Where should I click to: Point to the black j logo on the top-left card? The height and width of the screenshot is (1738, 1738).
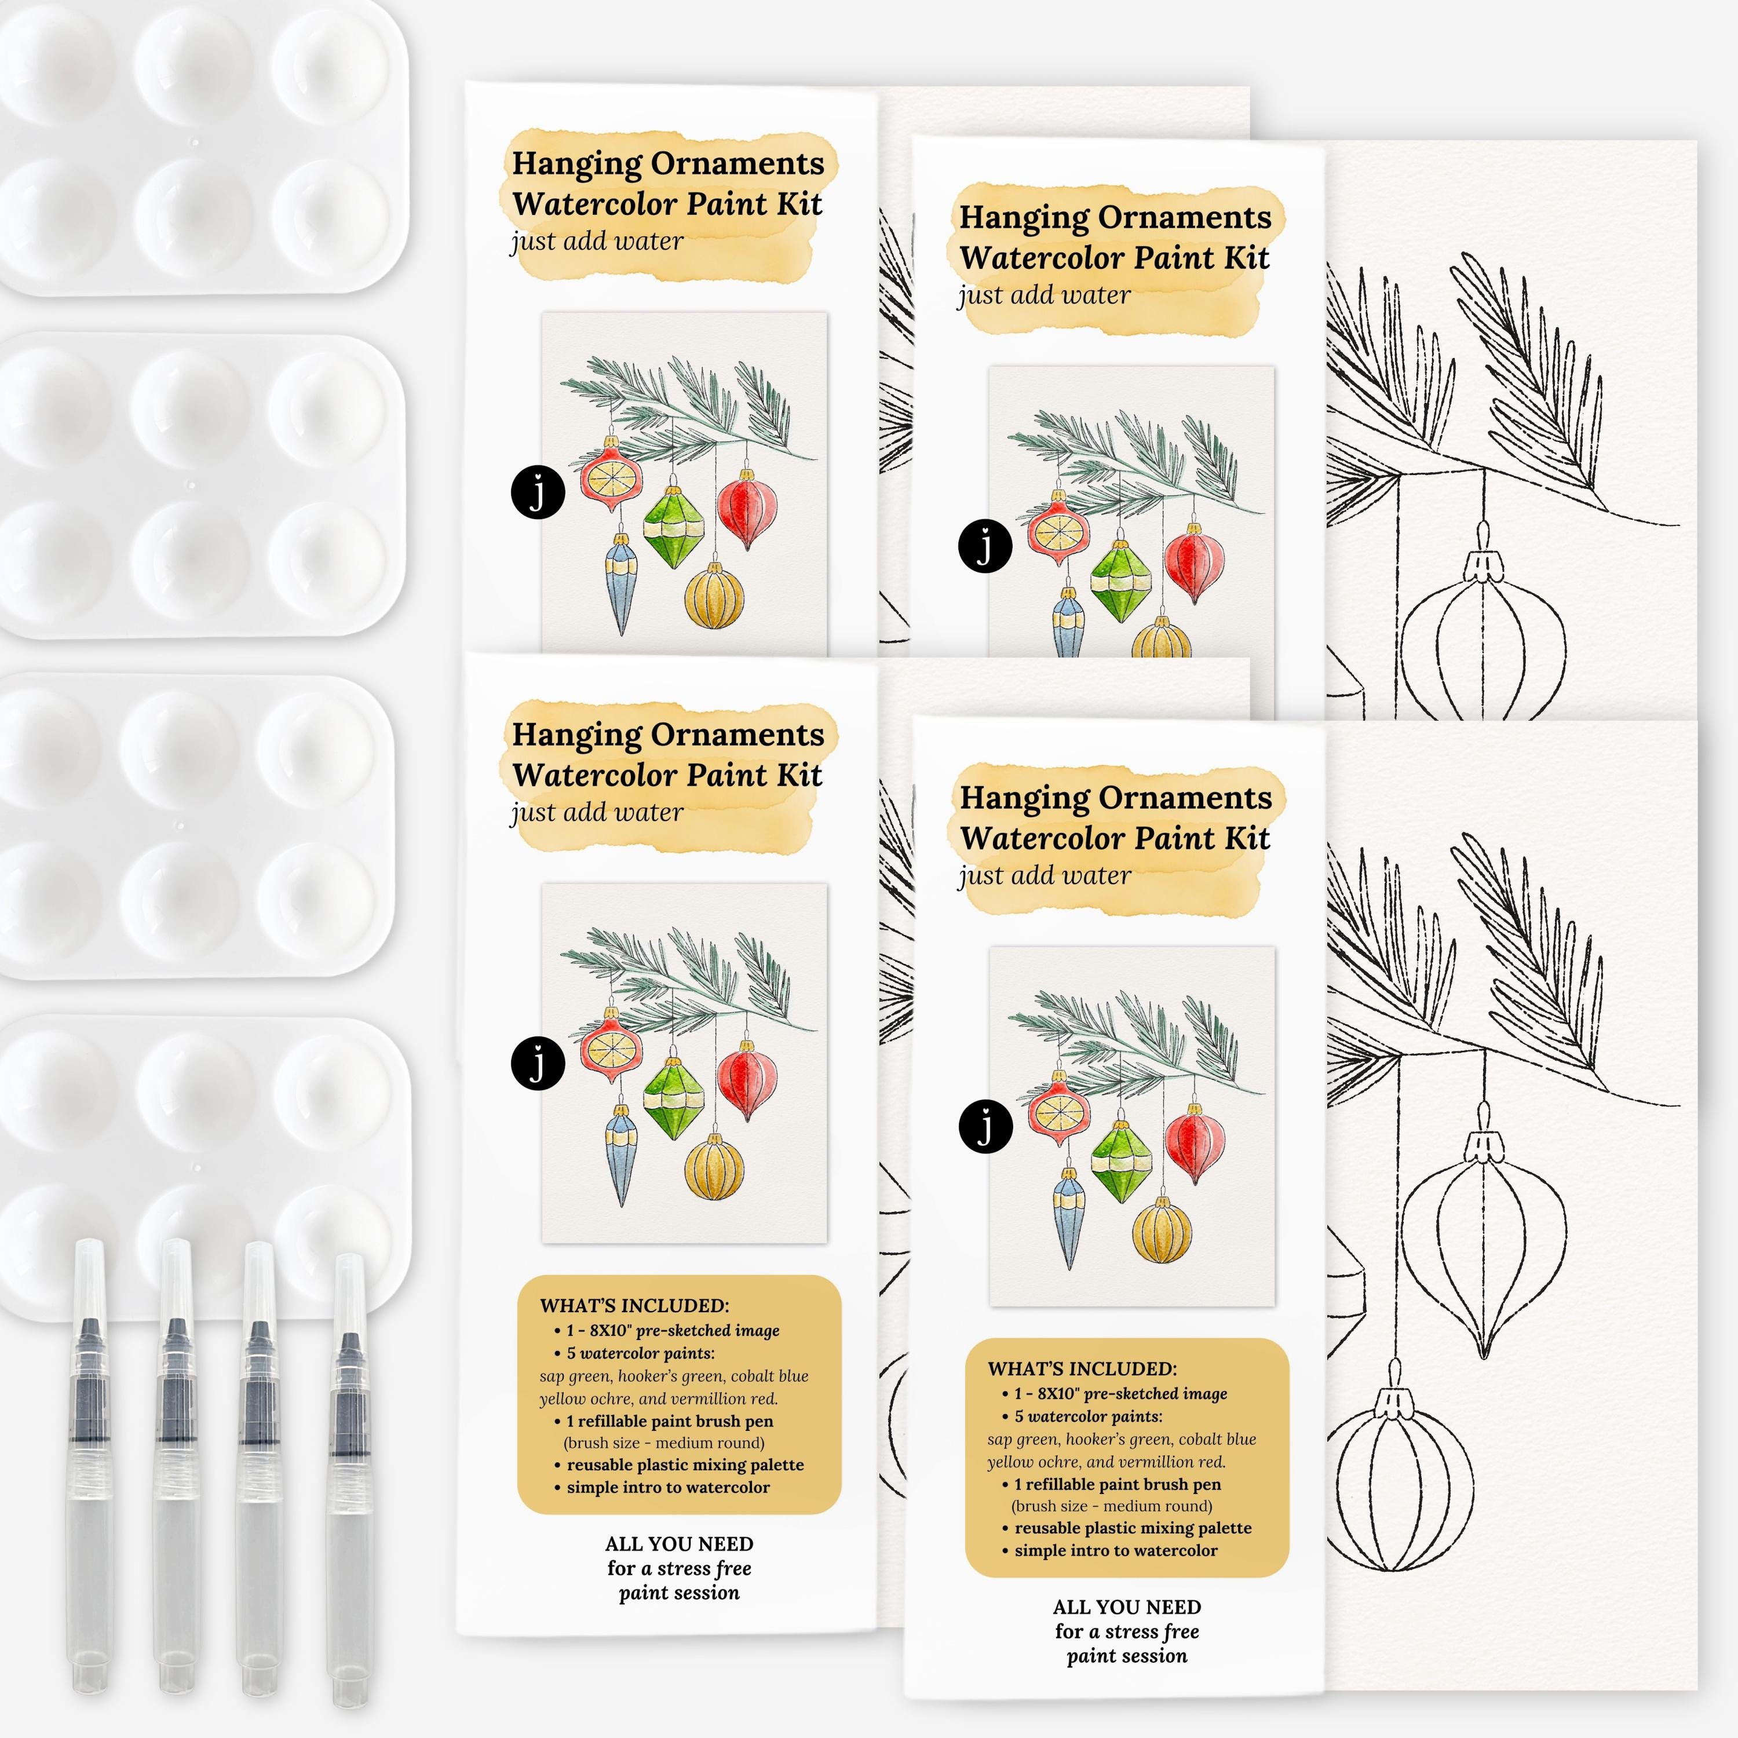[x=537, y=492]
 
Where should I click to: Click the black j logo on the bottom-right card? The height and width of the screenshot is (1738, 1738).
[x=985, y=1126]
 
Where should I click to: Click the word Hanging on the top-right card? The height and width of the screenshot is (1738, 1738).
[x=1024, y=218]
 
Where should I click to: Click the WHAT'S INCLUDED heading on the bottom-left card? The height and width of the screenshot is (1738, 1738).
[x=634, y=1305]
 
